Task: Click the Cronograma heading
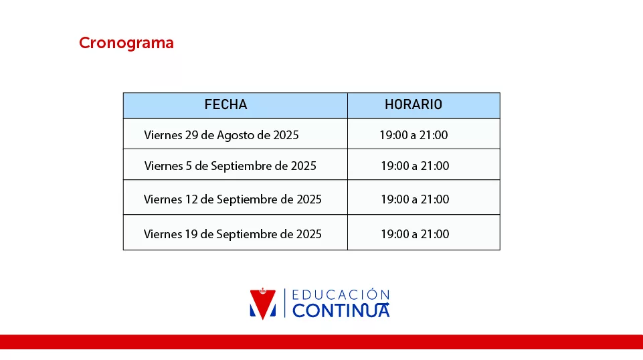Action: pyautogui.click(x=126, y=43)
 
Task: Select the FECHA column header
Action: pyautogui.click(x=226, y=104)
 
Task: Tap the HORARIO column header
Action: pyautogui.click(x=414, y=104)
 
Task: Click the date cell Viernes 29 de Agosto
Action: pyautogui.click(x=221, y=135)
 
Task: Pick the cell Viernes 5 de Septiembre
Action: pyautogui.click(x=230, y=166)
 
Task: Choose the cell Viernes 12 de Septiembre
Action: pyautogui.click(x=233, y=199)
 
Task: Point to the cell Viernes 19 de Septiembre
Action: pyautogui.click(x=233, y=234)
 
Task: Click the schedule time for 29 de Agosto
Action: pyautogui.click(x=414, y=135)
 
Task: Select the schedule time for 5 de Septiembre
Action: pyautogui.click(x=415, y=166)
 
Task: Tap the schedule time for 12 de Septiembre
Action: pyautogui.click(x=415, y=199)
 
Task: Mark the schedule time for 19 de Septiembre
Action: pyautogui.click(x=415, y=234)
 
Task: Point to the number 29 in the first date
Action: pyautogui.click(x=191, y=135)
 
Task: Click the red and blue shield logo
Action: pyautogui.click(x=263, y=304)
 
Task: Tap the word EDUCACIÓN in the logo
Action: pyautogui.click(x=341, y=295)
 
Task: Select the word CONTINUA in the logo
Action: pyautogui.click(x=341, y=310)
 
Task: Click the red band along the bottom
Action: pyautogui.click(x=321, y=342)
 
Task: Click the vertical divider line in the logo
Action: pyautogui.click(x=284, y=303)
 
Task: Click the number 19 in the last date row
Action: pyautogui.click(x=191, y=234)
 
